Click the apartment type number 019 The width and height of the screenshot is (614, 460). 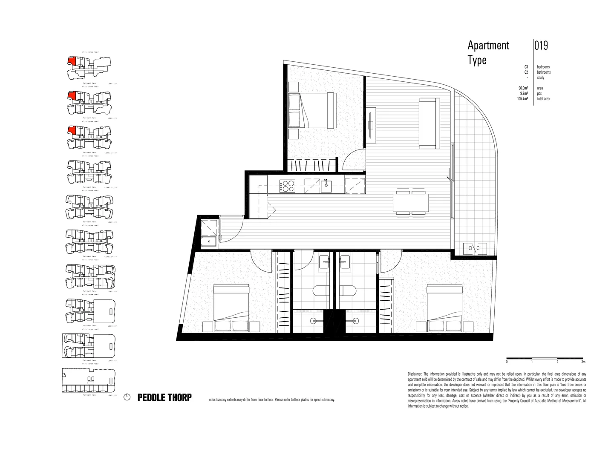541,46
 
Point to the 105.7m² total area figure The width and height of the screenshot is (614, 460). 522,99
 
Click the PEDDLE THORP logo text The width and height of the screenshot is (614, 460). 164,398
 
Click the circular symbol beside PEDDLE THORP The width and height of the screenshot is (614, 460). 127,398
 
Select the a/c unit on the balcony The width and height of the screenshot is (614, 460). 474,248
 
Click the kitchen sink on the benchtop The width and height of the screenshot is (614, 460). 326,186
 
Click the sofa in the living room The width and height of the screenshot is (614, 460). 430,123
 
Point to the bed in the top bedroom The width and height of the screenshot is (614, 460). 311,112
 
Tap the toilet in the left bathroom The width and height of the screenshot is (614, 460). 321,291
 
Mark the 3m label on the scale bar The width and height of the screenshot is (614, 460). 583,362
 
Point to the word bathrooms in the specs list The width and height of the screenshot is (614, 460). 544,72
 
